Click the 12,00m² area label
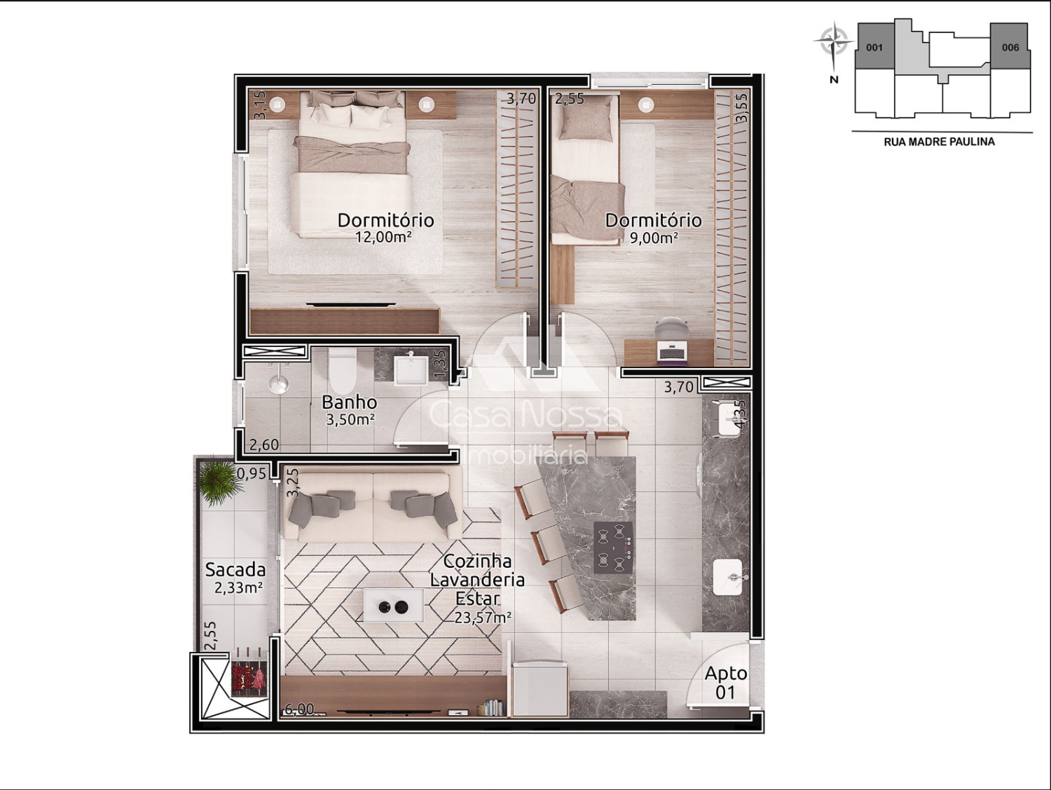pyautogui.click(x=383, y=237)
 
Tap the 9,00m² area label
pyautogui.click(x=653, y=237)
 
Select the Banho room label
pyautogui.click(x=349, y=402)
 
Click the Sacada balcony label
pyautogui.click(x=235, y=570)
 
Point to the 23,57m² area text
pyautogui.click(x=483, y=618)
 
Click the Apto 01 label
pyautogui.click(x=725, y=682)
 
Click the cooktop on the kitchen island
pyautogui.click(x=613, y=547)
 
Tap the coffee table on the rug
pyautogui.click(x=393, y=606)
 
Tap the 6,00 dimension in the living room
pyautogui.click(x=299, y=709)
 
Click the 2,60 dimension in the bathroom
pyautogui.click(x=264, y=445)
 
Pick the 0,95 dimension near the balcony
pyautogui.click(x=252, y=474)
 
